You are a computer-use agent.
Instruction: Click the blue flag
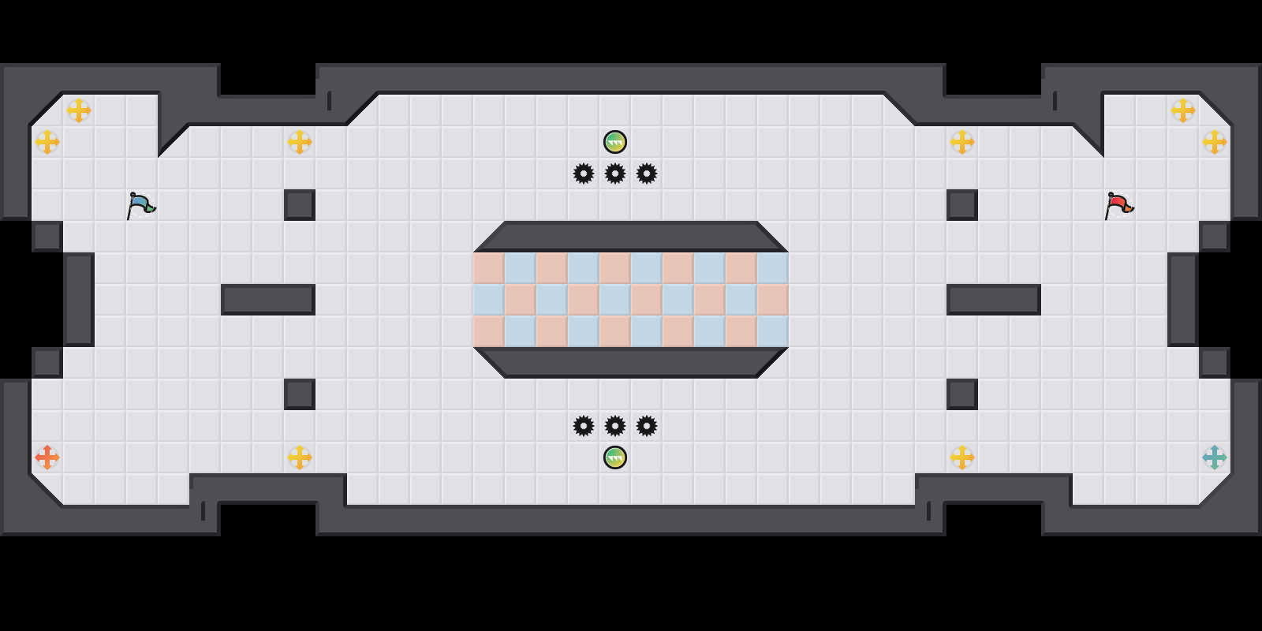(x=140, y=205)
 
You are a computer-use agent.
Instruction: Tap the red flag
(x=1118, y=205)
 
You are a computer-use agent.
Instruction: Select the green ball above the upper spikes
(x=615, y=142)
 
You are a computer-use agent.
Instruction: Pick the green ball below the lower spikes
(x=615, y=457)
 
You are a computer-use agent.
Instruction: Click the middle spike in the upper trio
(x=615, y=174)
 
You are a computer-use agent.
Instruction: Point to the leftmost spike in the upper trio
(x=584, y=174)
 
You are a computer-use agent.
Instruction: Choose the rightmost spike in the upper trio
(x=647, y=174)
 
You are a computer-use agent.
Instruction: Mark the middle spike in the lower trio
(x=615, y=426)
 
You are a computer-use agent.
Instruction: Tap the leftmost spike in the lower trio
(x=584, y=426)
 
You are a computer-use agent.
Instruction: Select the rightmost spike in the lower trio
(x=647, y=426)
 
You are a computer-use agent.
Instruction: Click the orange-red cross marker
(x=47, y=457)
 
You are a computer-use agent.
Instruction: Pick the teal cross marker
(x=1215, y=457)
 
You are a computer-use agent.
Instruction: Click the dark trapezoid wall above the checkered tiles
(x=631, y=236)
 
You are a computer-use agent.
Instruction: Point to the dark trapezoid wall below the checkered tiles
(x=631, y=363)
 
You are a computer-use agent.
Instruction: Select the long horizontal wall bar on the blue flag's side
(x=268, y=300)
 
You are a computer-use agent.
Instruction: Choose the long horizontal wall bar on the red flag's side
(x=994, y=300)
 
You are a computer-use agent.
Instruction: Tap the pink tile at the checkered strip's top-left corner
(x=489, y=268)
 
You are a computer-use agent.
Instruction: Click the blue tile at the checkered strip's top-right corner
(x=773, y=268)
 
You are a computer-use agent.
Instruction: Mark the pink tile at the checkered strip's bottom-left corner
(x=489, y=331)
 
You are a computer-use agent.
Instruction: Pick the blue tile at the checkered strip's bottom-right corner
(x=773, y=331)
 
